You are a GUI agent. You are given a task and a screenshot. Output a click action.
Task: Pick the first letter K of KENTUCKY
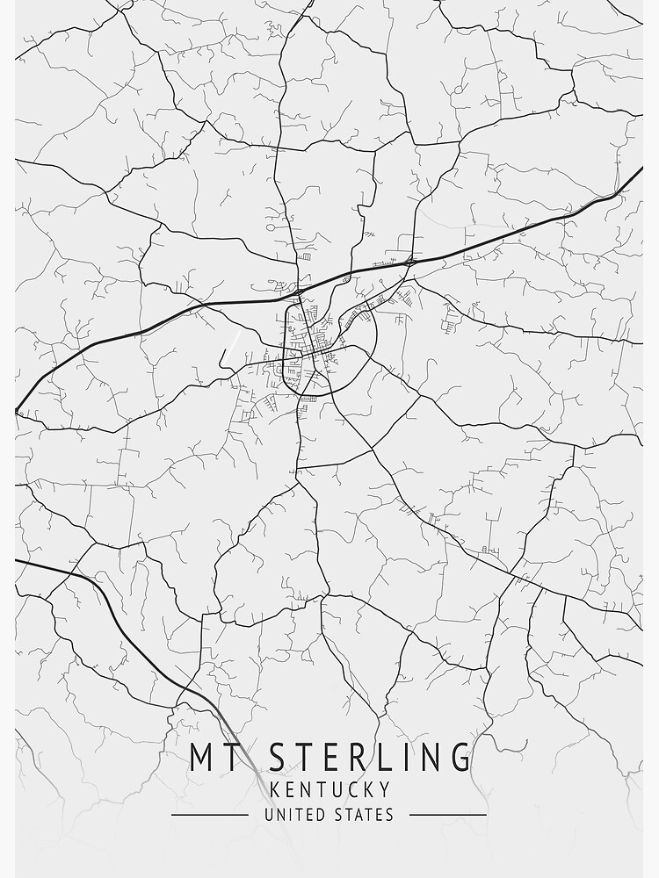[273, 790]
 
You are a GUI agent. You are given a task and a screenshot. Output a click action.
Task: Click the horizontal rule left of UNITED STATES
[209, 815]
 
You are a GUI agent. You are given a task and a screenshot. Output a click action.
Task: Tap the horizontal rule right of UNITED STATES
[448, 815]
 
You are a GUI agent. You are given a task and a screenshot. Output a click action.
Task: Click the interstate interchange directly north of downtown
[300, 289]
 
